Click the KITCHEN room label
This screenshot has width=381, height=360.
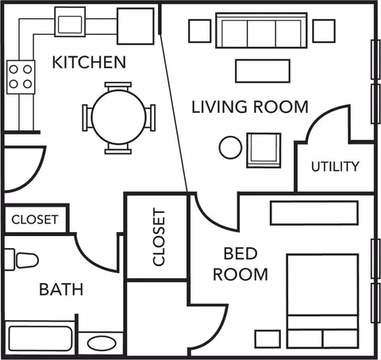(x=89, y=63)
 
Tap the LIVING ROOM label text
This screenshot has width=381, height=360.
(x=250, y=107)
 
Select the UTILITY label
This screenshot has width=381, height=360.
(x=335, y=166)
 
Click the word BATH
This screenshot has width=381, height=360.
(x=61, y=289)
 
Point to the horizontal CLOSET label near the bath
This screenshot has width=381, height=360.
(x=35, y=219)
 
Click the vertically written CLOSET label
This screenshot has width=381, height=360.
(x=159, y=237)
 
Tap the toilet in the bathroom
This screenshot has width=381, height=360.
(x=21, y=260)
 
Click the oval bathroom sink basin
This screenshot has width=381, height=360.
(x=102, y=343)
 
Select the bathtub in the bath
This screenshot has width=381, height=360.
(x=40, y=339)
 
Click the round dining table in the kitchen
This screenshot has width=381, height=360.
(x=118, y=117)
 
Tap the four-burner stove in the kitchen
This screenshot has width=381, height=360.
(x=21, y=77)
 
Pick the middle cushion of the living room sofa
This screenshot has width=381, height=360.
(x=261, y=33)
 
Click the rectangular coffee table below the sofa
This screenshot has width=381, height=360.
(x=263, y=71)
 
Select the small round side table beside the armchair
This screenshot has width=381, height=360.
(x=230, y=148)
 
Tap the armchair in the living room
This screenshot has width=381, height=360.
(x=264, y=150)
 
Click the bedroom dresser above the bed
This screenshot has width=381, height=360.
(x=314, y=213)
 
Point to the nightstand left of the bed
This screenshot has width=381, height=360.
(x=267, y=339)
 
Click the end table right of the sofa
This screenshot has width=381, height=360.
(x=324, y=31)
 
